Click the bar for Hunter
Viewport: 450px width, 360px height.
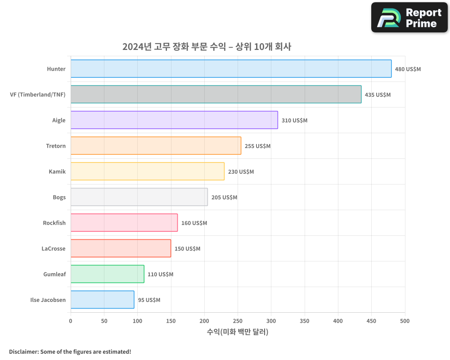click(x=231, y=69)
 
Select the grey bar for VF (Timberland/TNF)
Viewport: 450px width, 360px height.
click(x=216, y=94)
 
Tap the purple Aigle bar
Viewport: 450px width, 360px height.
click(x=174, y=120)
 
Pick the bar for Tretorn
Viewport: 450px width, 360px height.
click(x=156, y=146)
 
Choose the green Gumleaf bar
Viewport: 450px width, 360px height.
click(x=107, y=274)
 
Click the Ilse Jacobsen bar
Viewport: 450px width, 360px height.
click(x=102, y=300)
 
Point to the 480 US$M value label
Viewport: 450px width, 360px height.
click(x=408, y=69)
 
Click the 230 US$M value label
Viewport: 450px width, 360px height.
click(x=241, y=172)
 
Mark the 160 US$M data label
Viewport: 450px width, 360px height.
click(x=194, y=223)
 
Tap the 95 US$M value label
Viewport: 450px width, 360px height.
click(x=149, y=300)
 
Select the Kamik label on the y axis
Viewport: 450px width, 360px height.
click(x=57, y=171)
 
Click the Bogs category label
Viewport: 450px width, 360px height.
click(x=59, y=197)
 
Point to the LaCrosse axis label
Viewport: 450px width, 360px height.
click(x=54, y=248)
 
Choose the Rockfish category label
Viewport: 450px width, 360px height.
click(x=54, y=223)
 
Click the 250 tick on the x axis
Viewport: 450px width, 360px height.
click(x=238, y=321)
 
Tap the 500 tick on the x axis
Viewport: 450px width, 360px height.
click(x=405, y=321)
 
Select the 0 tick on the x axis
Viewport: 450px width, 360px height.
click(x=71, y=321)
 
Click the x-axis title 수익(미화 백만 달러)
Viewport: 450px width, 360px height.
click(x=238, y=332)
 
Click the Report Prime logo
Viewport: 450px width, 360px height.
click(x=409, y=18)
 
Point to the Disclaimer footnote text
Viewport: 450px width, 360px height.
click(x=70, y=351)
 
